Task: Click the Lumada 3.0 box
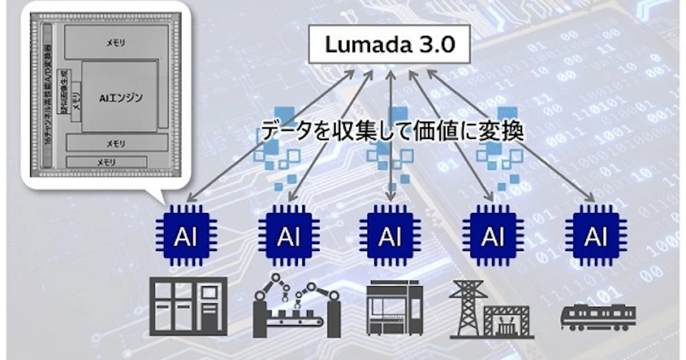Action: click(390, 45)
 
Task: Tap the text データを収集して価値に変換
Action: click(392, 131)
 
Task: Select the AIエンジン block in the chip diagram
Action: click(120, 98)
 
